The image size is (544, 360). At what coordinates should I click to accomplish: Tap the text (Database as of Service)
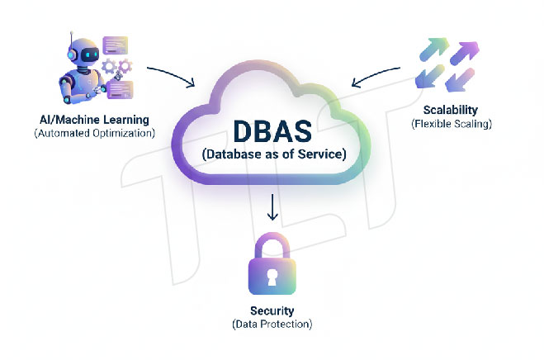pyautogui.click(x=272, y=154)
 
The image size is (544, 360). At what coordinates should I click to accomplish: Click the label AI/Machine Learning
pyautogui.click(x=93, y=117)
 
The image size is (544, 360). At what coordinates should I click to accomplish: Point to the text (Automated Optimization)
pyautogui.click(x=93, y=131)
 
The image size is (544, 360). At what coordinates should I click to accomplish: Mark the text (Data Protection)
pyautogui.click(x=272, y=324)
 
